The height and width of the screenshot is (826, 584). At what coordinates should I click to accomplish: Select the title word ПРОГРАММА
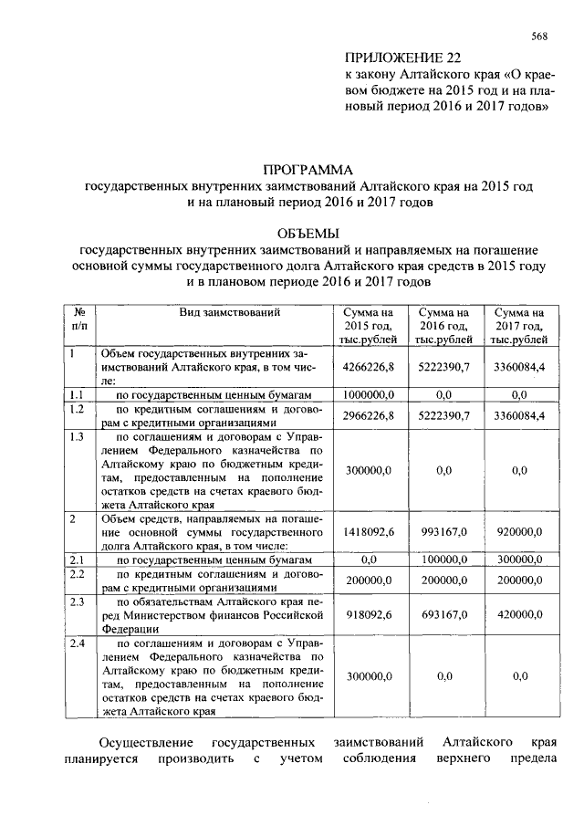tap(308, 170)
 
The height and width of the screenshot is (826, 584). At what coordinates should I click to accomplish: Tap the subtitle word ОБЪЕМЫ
tap(308, 233)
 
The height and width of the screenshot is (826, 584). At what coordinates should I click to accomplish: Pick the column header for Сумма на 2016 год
tap(443, 325)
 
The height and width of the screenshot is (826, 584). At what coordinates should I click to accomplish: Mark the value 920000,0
tap(520, 530)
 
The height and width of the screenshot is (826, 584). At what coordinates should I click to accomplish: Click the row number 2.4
tap(78, 644)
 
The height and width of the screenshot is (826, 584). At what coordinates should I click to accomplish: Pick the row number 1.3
tap(78, 436)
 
